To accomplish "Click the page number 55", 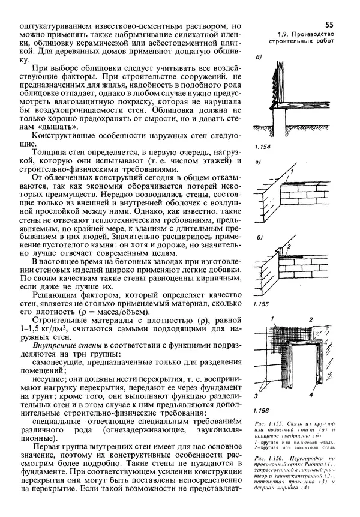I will [x=329, y=25].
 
